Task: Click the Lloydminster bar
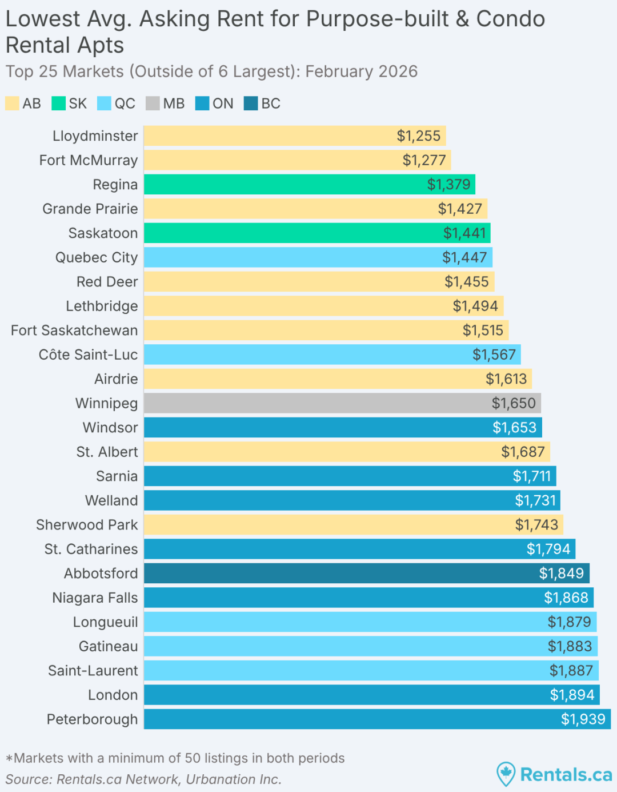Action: (x=294, y=136)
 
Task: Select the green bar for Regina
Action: (x=308, y=185)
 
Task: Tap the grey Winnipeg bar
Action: (x=342, y=403)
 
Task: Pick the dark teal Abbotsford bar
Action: (x=366, y=573)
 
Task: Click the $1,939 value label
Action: (x=583, y=719)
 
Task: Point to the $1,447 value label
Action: (x=464, y=257)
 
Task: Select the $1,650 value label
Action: (x=514, y=403)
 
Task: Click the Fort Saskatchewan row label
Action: (x=74, y=331)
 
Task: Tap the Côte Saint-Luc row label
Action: (x=88, y=355)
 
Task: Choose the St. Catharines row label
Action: (x=91, y=549)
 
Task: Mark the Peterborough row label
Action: (x=92, y=719)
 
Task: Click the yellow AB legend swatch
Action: (x=12, y=104)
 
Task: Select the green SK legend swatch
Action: (x=58, y=104)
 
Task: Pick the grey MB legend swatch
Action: (x=153, y=104)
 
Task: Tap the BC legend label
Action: (x=271, y=104)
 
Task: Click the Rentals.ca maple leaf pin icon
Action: (x=506, y=774)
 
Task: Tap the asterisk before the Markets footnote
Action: (x=9, y=759)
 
